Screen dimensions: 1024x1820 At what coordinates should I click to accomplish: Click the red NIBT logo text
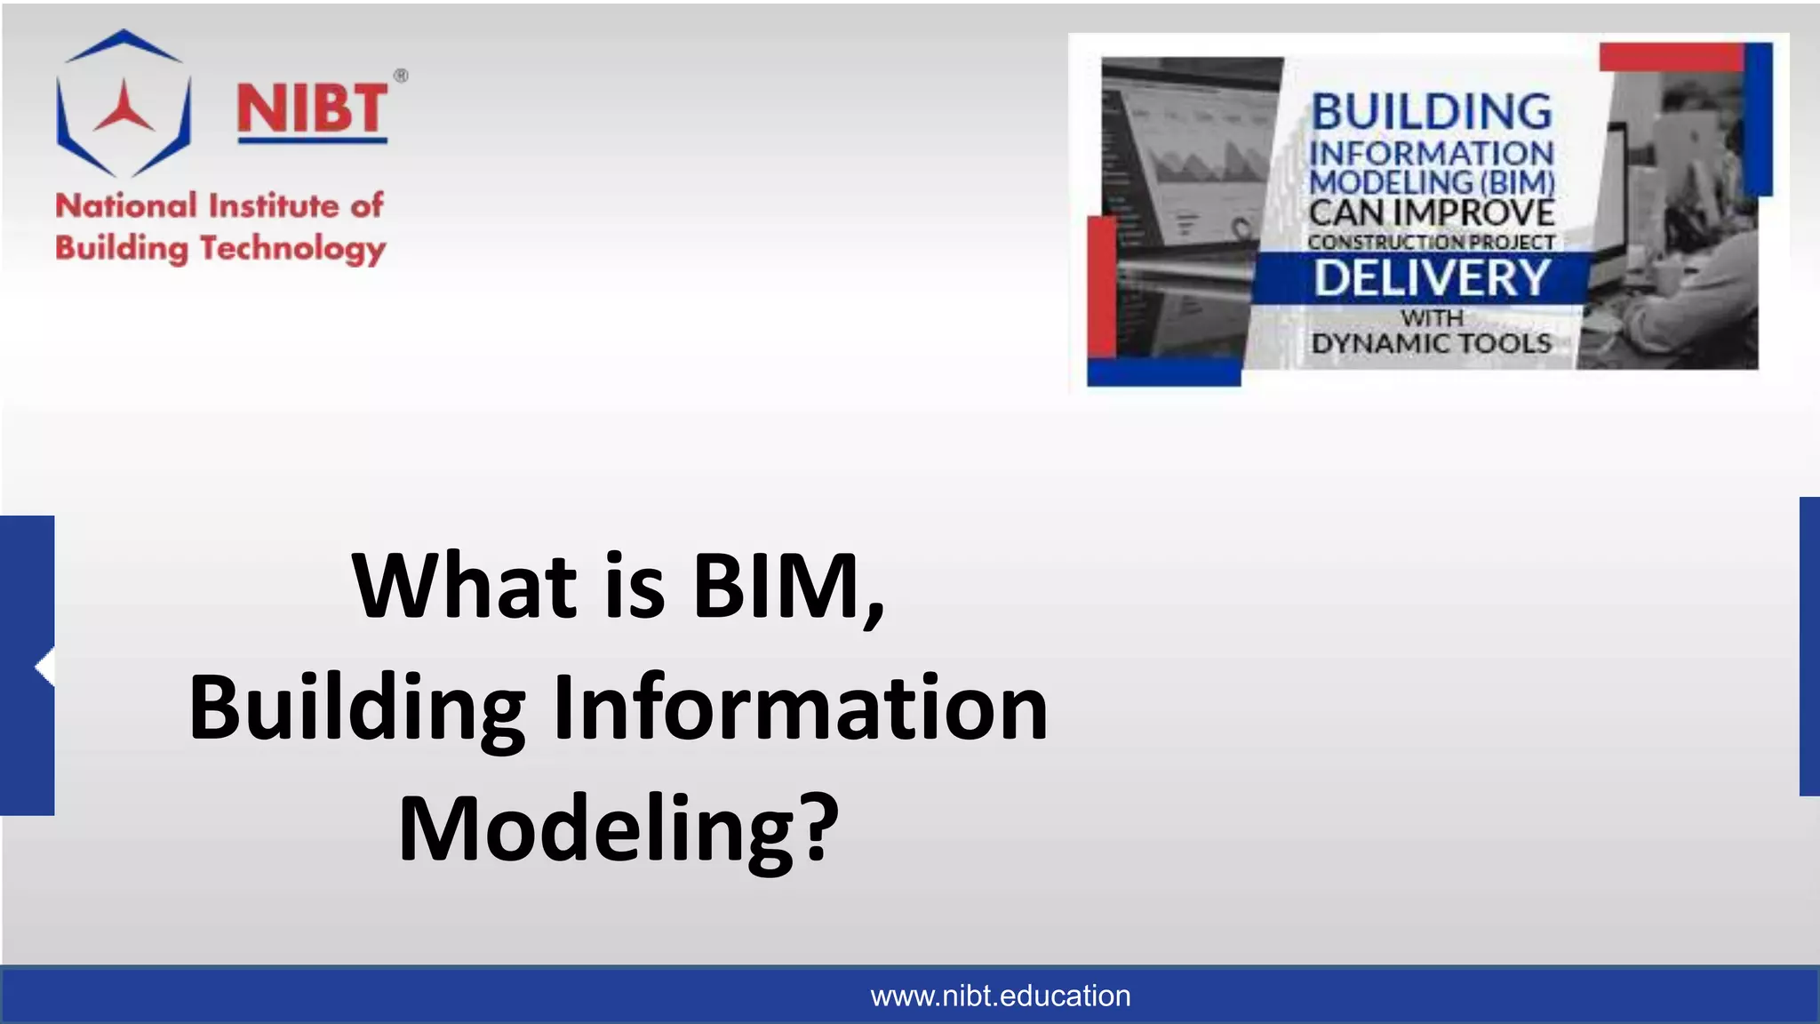(x=312, y=109)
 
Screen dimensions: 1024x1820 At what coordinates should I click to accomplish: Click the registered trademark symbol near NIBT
(x=401, y=76)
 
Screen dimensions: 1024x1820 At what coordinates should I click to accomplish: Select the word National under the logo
(x=126, y=206)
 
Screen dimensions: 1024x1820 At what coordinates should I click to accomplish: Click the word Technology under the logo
(x=292, y=249)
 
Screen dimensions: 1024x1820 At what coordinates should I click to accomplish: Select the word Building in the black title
(x=357, y=708)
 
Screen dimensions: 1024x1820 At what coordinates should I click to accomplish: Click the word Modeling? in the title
(x=619, y=828)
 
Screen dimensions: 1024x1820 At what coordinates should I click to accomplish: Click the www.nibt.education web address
(x=1000, y=996)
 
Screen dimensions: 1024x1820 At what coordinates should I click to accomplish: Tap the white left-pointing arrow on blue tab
(x=44, y=667)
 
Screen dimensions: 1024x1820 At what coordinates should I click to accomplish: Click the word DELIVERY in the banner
(x=1432, y=278)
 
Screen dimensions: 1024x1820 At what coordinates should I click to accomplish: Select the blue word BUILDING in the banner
(x=1432, y=112)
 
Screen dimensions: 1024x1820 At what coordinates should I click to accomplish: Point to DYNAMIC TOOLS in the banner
(x=1431, y=343)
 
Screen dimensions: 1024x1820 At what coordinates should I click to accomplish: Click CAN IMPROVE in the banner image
(x=1432, y=213)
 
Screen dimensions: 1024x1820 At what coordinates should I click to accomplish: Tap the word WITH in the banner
(x=1432, y=317)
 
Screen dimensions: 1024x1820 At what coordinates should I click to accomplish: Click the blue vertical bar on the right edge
(x=1809, y=646)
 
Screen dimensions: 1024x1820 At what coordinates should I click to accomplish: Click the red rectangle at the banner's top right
(x=1671, y=57)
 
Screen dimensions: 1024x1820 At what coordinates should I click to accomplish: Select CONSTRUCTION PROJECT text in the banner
(x=1431, y=242)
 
